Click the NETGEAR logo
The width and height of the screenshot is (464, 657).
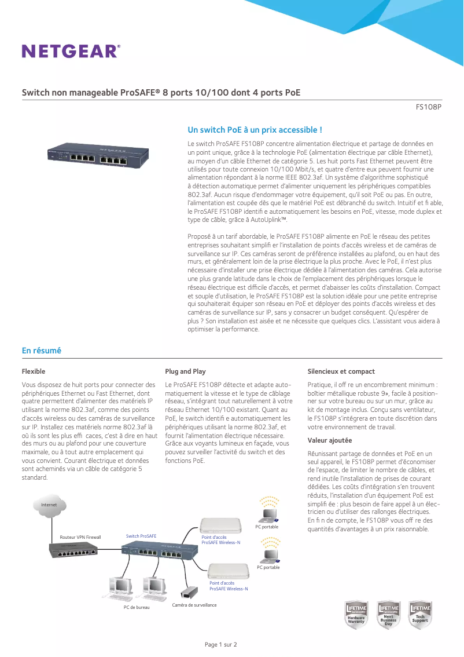(71, 51)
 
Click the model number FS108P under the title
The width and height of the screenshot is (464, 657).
(429, 107)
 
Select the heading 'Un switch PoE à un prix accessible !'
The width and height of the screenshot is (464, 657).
(255, 130)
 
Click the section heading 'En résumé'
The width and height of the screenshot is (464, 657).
(42, 351)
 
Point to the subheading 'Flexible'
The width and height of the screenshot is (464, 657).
(34, 371)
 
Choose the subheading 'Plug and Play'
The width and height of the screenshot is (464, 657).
(185, 371)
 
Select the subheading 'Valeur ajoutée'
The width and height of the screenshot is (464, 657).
(330, 440)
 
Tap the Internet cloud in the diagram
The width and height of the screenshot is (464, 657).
(49, 505)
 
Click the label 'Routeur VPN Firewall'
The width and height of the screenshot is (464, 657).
(80, 537)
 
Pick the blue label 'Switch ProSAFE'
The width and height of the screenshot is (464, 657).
(141, 536)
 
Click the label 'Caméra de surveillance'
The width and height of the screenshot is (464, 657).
(194, 605)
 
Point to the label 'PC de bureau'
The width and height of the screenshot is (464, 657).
(137, 607)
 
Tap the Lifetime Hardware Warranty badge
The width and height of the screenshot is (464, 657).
(356, 615)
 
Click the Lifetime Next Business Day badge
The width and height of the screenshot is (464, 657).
(388, 615)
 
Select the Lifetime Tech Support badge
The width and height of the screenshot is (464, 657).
(420, 615)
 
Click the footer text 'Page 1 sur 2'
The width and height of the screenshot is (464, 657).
(221, 644)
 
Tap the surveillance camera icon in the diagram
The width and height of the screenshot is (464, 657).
(188, 593)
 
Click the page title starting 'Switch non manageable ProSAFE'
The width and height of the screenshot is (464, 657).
(161, 93)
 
